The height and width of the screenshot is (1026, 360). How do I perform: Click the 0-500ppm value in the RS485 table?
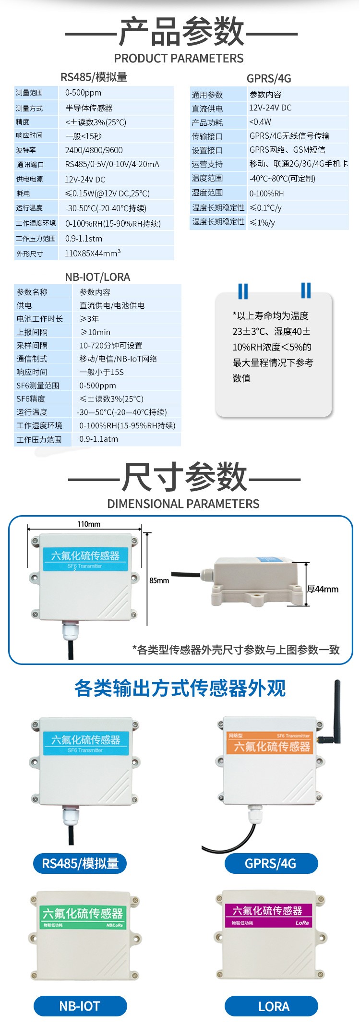point(83,93)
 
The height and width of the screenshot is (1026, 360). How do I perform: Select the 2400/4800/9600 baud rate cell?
point(94,150)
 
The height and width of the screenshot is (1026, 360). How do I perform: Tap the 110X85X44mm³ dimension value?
point(93,253)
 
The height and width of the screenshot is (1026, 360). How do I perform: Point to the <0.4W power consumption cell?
point(260,122)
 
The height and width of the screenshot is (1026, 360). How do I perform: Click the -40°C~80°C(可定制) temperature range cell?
point(282,179)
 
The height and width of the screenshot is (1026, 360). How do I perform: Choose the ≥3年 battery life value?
point(89,318)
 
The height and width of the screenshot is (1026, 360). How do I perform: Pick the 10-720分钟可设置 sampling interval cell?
point(111,345)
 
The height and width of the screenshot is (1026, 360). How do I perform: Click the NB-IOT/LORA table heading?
point(97,277)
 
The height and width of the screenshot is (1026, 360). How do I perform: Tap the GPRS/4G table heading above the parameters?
point(269,78)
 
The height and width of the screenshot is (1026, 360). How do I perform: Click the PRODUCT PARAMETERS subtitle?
point(179,59)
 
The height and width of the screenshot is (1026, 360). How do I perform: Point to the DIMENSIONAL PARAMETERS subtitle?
point(183,504)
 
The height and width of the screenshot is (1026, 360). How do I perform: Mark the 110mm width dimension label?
point(89,524)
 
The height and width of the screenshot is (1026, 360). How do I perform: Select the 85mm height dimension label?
point(159,580)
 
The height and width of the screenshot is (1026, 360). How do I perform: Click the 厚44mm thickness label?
point(323,589)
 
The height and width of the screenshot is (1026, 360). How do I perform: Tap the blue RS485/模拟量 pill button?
point(80,863)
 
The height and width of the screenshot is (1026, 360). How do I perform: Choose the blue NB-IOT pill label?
point(80,1006)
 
